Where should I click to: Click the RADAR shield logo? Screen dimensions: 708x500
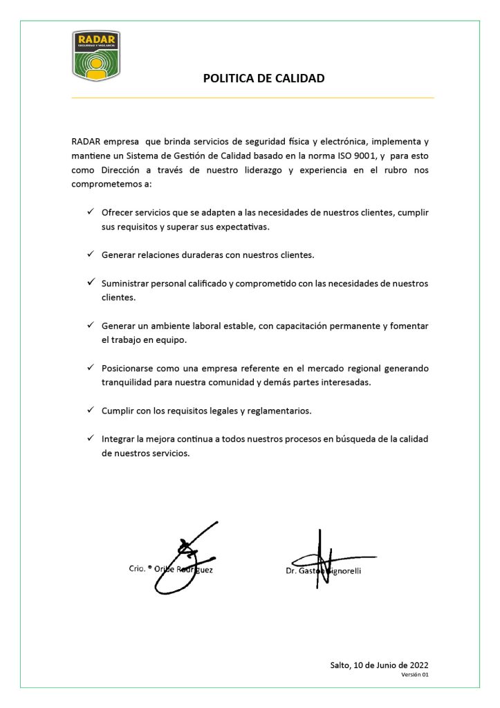click(96, 55)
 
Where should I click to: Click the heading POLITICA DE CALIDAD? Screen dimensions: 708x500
click(263, 78)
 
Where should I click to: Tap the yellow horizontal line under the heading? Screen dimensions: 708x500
click(252, 98)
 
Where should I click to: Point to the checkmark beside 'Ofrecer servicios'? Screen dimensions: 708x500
click(91, 212)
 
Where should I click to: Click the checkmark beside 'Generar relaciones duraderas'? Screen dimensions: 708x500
click(91, 254)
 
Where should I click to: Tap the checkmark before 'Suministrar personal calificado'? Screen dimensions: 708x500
click(91, 283)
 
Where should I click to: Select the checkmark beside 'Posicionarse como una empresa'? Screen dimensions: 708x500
click(91, 368)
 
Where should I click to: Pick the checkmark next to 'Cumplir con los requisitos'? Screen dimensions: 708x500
click(91, 410)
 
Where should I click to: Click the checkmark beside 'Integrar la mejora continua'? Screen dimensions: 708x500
click(91, 438)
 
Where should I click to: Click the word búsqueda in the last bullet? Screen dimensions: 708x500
click(334, 439)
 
